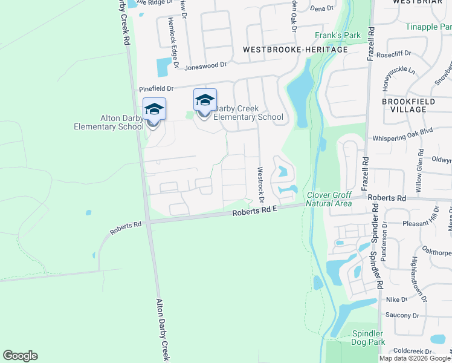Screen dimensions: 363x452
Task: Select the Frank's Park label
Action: pyautogui.click(x=338, y=36)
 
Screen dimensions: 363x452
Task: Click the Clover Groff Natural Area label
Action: pyautogui.click(x=329, y=199)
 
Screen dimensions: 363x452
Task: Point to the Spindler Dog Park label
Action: pyautogui.click(x=368, y=338)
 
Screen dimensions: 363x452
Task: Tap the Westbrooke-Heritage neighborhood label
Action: pyautogui.click(x=295, y=50)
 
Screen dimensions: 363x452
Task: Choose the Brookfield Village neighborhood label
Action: pyautogui.click(x=408, y=106)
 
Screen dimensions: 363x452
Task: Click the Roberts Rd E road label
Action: pyautogui.click(x=254, y=211)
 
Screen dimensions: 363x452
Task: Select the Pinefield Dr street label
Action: pyautogui.click(x=156, y=88)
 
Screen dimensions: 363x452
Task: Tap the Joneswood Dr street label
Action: pyautogui.click(x=205, y=66)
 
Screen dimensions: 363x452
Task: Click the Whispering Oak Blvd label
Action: pyautogui.click(x=403, y=138)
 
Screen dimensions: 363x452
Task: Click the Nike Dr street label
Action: pyautogui.click(x=397, y=299)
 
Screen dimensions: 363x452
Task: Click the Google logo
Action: pyautogui.click(x=20, y=356)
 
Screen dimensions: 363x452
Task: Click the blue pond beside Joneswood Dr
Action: pyautogui.click(x=163, y=67)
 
